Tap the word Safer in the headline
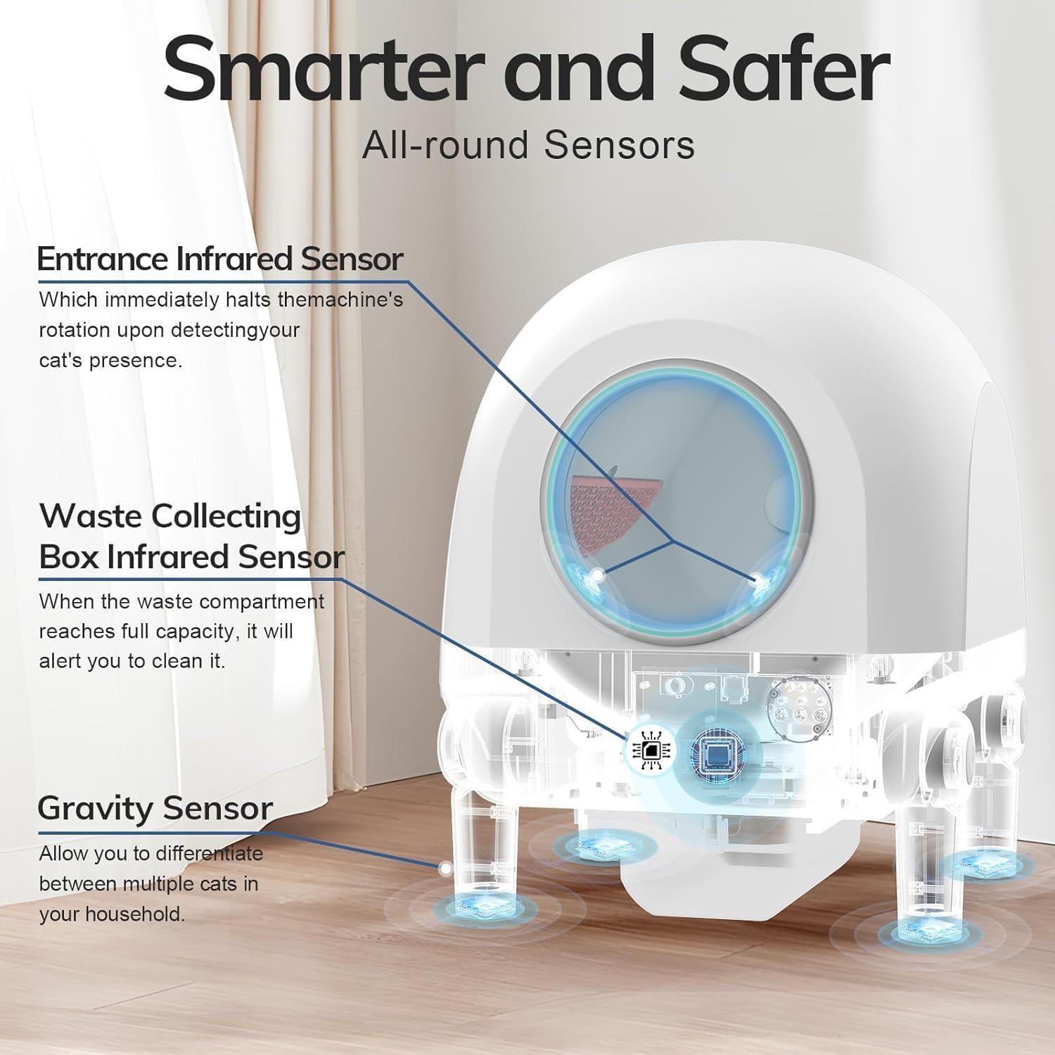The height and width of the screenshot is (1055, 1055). [781, 69]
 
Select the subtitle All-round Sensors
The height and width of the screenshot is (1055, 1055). [528, 146]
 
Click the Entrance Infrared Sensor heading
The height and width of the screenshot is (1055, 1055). [219, 259]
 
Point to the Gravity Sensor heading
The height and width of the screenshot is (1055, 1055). [155, 808]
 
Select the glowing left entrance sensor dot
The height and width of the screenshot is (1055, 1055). [598, 575]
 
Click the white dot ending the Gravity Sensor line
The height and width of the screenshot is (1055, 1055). [445, 869]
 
